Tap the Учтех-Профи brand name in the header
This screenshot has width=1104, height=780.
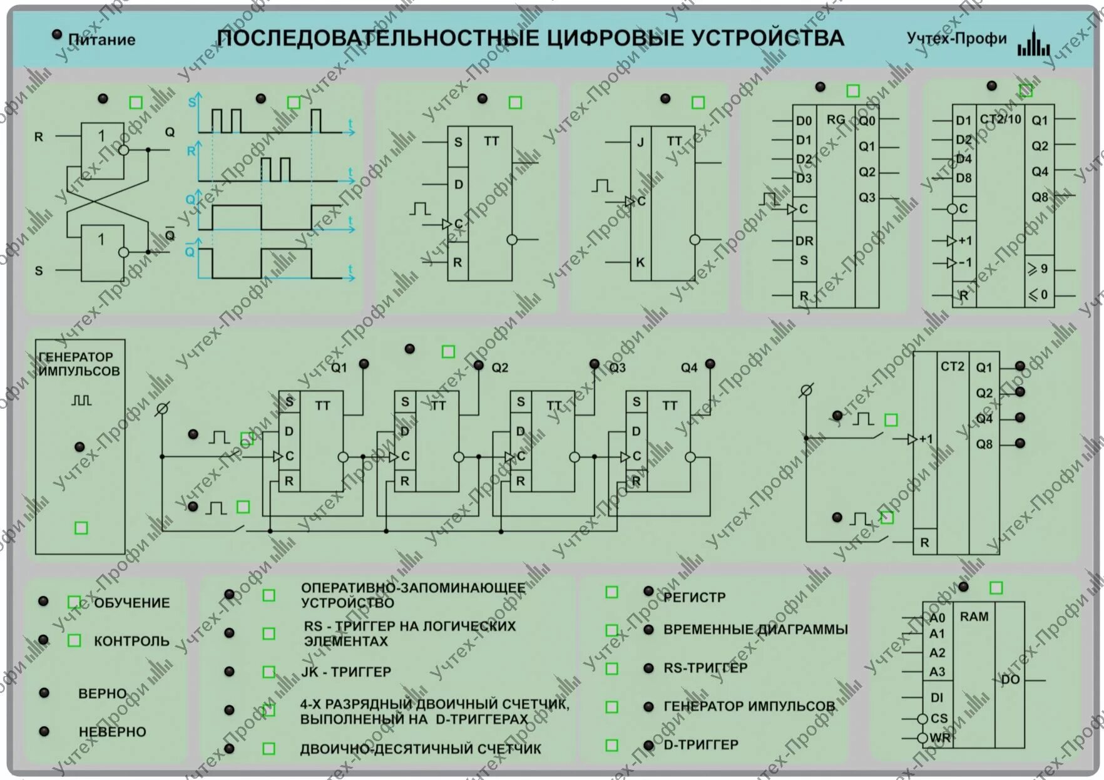[x=956, y=39]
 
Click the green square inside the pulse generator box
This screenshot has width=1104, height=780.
[x=81, y=528]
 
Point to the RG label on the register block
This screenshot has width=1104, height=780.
[x=836, y=120]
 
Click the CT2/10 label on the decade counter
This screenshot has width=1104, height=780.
[x=1000, y=119]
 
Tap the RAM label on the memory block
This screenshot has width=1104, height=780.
[x=974, y=617]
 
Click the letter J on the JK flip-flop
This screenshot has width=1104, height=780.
[x=640, y=143]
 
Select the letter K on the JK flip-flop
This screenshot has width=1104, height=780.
[x=640, y=262]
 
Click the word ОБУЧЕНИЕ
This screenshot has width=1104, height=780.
[x=132, y=603]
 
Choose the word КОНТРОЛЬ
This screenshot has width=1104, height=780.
[x=131, y=641]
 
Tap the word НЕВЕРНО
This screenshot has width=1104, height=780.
[x=113, y=732]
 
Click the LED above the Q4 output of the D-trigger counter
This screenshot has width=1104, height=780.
[x=710, y=364]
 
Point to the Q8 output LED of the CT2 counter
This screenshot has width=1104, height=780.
[x=1020, y=443]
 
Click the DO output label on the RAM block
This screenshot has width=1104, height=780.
[x=1010, y=680]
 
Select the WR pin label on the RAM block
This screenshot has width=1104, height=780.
[x=940, y=738]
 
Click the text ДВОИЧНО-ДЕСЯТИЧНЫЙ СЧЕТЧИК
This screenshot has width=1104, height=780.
[x=421, y=749]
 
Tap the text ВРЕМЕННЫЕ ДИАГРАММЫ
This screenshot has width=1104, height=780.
[x=755, y=630]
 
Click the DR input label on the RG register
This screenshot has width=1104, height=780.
[x=804, y=241]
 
